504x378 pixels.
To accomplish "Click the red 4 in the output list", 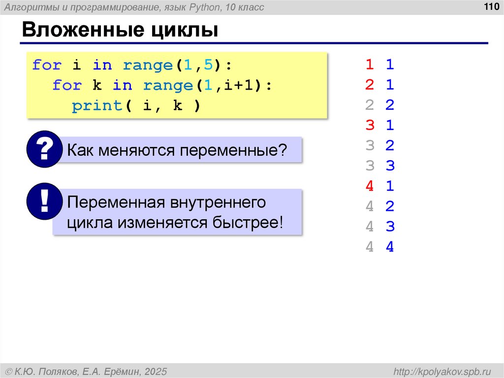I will tap(370, 186).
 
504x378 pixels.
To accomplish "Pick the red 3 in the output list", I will tap(370, 125).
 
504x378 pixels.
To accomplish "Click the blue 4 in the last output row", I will tap(390, 247).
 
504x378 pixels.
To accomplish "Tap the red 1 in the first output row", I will tap(370, 65).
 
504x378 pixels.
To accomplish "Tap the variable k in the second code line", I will tap(96, 86).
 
